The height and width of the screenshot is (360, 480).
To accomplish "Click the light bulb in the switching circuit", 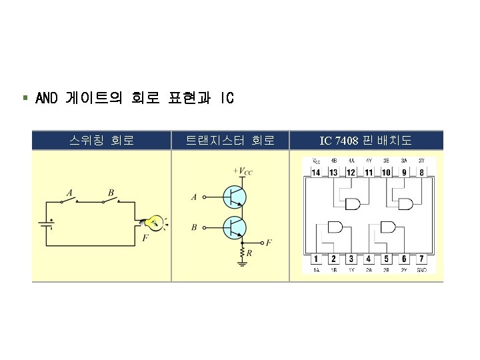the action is pyautogui.click(x=155, y=223).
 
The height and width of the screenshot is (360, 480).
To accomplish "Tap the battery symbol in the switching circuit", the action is pyautogui.click(x=45, y=224).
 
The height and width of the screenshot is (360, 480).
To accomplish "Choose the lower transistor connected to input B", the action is pyautogui.click(x=235, y=227).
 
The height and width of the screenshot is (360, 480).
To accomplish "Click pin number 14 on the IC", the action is pyautogui.click(x=315, y=173).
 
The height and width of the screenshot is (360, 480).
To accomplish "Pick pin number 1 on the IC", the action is pyautogui.click(x=315, y=258).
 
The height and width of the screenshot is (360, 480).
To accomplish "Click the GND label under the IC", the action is pyautogui.click(x=422, y=269).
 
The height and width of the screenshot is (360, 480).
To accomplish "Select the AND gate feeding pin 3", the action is pyautogui.click(x=335, y=228).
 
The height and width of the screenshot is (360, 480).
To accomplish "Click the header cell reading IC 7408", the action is pyautogui.click(x=365, y=141).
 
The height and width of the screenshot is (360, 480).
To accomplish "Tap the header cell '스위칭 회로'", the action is pyautogui.click(x=101, y=140).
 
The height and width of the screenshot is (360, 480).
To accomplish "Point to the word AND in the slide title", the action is pyautogui.click(x=47, y=99).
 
